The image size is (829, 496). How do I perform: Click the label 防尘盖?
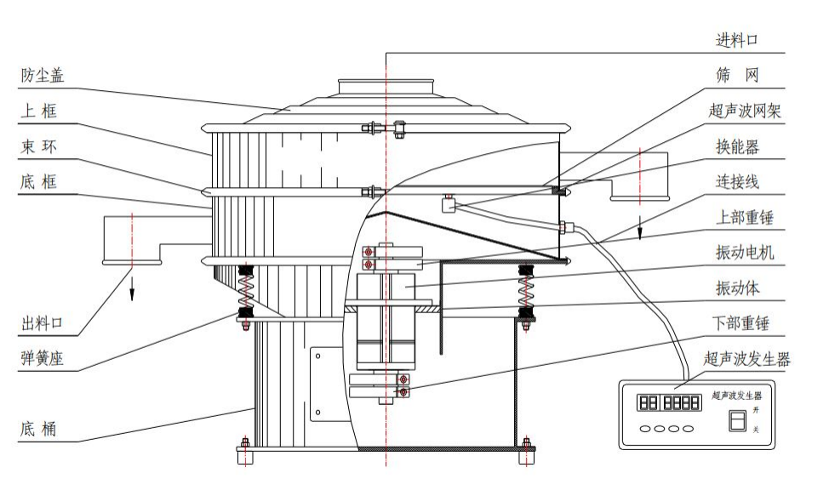click(x=42, y=76)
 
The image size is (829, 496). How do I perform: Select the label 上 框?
click(x=39, y=111)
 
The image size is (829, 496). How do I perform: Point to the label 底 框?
click(x=39, y=181)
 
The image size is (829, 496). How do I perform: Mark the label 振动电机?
click(x=743, y=253)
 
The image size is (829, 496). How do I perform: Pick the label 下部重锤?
click(x=743, y=323)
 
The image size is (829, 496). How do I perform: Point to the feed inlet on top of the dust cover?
click(x=387, y=86)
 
